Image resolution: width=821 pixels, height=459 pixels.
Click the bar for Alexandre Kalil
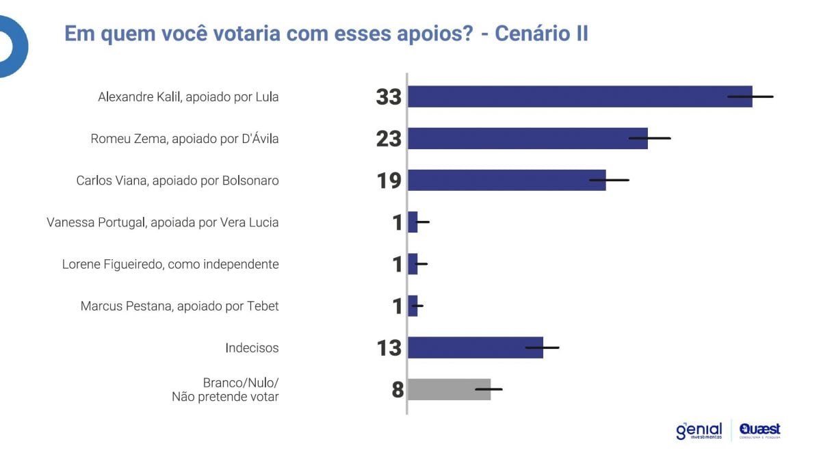(568, 96)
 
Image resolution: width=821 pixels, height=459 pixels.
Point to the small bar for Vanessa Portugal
(413, 222)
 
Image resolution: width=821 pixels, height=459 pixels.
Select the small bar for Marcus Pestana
(413, 306)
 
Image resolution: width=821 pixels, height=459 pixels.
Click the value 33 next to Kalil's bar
(389, 97)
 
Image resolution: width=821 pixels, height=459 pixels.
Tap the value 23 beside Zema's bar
(389, 139)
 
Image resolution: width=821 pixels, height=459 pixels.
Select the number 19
(389, 181)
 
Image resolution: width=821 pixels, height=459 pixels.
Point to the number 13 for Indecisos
(389, 348)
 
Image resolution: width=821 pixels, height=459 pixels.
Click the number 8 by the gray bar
(398, 390)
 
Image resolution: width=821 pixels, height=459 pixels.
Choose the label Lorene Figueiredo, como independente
(170, 264)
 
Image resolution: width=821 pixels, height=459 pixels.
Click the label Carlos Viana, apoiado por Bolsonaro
(177, 181)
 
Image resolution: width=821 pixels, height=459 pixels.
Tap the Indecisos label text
(252, 347)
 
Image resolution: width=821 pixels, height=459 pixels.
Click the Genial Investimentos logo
(699, 430)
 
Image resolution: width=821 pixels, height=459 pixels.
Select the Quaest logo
(759, 430)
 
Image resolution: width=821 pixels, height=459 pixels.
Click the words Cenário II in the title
(540, 34)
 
